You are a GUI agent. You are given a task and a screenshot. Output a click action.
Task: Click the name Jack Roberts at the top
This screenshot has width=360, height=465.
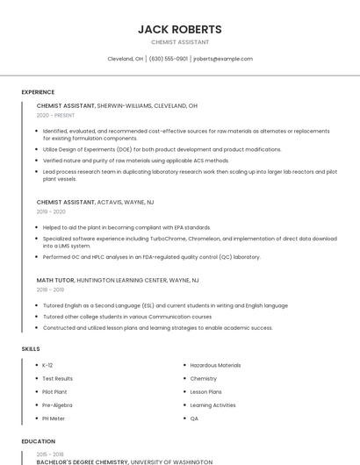(179, 29)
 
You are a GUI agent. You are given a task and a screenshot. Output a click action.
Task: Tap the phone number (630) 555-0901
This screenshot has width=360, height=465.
(169, 59)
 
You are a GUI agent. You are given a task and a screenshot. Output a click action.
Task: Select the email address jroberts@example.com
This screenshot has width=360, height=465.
(223, 59)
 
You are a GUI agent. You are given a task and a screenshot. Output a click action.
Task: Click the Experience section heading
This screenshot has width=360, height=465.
(38, 92)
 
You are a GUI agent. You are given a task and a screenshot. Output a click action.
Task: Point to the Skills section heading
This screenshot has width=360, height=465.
(31, 349)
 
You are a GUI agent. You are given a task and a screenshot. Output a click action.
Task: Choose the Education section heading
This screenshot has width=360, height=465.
(38, 441)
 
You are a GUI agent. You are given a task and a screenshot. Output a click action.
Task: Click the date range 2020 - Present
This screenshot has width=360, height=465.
(55, 115)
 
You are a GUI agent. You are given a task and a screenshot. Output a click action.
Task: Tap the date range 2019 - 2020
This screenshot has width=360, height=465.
(51, 211)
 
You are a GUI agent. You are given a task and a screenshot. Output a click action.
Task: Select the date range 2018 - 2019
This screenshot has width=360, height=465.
(50, 289)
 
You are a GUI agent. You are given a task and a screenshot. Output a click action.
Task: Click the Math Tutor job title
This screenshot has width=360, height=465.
(56, 279)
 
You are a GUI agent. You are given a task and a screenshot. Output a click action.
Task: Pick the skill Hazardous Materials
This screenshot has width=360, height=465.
(215, 365)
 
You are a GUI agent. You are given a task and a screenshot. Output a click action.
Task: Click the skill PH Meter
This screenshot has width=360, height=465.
(54, 418)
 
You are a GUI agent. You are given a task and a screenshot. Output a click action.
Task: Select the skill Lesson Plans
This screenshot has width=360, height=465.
(205, 391)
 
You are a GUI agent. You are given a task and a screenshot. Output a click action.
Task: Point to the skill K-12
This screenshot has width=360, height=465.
(47, 365)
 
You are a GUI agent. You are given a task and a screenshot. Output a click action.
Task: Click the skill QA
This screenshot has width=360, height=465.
(194, 418)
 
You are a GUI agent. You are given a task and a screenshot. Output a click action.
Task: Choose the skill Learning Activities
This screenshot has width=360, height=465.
(212, 405)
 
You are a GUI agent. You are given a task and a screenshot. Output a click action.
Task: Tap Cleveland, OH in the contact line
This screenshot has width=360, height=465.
(125, 59)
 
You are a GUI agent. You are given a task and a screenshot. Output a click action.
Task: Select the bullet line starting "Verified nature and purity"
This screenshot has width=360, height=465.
(123, 161)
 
